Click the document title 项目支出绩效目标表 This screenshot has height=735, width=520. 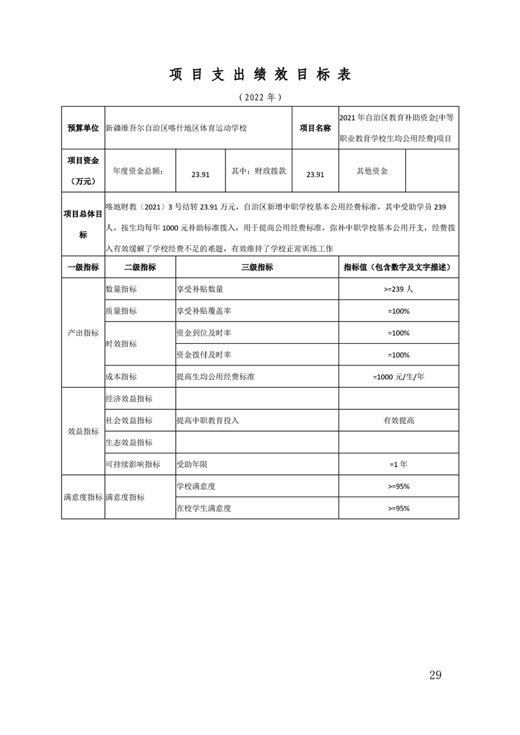260,75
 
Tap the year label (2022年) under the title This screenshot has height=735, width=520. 260,97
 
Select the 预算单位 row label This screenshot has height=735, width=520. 83,128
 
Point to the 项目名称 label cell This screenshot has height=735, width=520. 315,128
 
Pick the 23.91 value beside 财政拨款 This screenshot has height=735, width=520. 315,174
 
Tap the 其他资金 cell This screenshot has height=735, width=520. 372,171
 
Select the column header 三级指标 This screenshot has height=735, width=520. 257,267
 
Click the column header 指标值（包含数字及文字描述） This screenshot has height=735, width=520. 399,267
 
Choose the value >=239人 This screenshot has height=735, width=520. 399,289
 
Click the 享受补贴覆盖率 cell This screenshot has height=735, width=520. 205,311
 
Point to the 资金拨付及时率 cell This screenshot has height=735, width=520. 204,354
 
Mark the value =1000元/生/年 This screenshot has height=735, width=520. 399,377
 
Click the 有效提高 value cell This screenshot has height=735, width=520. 399,420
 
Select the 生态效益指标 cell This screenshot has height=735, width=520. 129,442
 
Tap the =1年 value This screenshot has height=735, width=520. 399,464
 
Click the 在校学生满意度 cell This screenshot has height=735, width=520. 204,508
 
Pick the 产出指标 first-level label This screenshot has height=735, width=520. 83,333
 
